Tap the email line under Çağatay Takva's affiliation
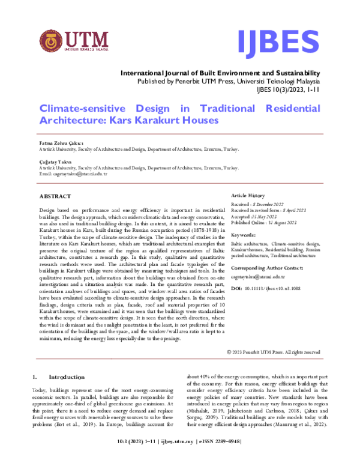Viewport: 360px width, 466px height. pyautogui.click(x=73, y=174)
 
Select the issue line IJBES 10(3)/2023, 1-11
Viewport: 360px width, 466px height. pyautogui.click(x=288, y=89)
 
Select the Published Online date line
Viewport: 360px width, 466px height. pyautogui.click(x=266, y=223)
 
